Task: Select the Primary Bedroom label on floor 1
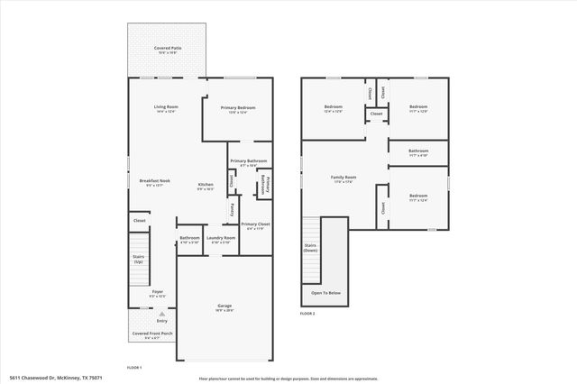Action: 239,108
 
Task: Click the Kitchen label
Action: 206,187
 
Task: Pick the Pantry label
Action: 232,210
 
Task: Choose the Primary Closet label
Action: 255,225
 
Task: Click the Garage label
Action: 224,307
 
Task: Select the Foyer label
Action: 157,293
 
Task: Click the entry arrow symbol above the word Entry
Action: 162,312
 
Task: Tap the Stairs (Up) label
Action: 138,258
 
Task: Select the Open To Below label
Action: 325,293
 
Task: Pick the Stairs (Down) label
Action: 311,248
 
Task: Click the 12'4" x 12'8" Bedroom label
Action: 334,109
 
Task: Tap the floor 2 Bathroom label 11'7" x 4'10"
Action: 418,152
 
